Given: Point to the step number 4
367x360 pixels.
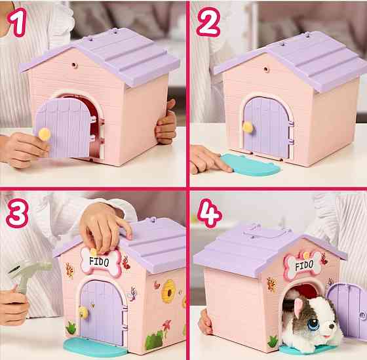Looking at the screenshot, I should (208, 212).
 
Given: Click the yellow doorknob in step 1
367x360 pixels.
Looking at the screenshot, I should (45, 134).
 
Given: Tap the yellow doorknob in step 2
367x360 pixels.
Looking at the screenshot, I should (248, 126).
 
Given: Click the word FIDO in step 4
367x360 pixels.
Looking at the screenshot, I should (303, 267).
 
